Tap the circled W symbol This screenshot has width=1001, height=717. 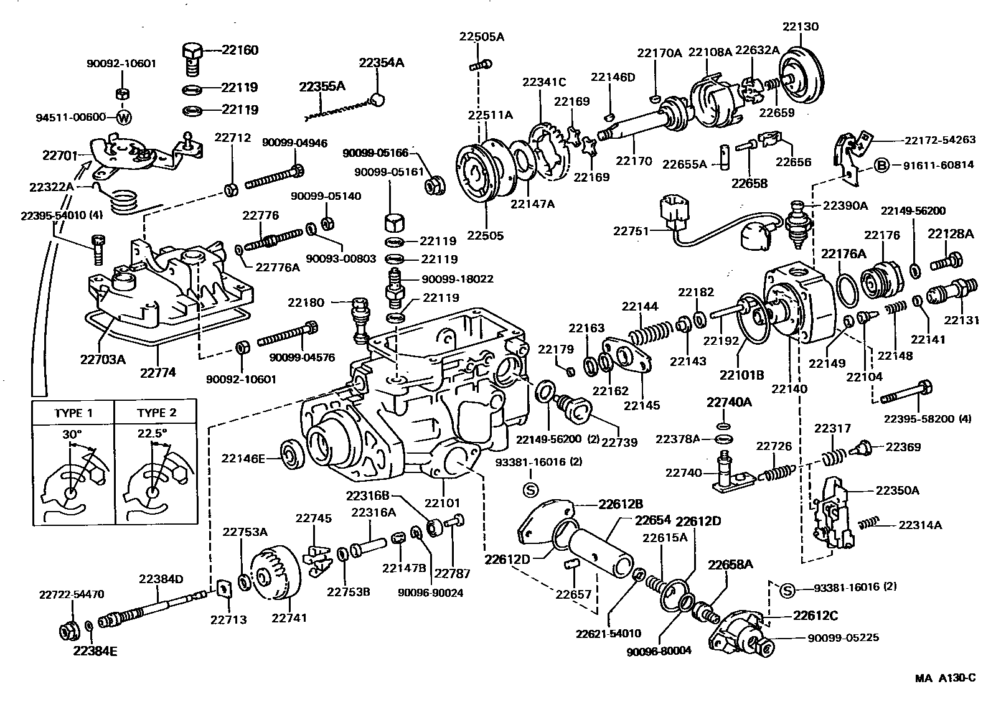(124, 117)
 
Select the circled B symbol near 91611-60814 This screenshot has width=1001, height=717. (881, 165)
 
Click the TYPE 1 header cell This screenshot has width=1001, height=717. (73, 413)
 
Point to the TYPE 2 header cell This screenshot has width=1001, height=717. (156, 413)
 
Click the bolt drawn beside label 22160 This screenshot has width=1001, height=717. (192, 56)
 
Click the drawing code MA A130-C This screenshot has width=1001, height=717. (944, 678)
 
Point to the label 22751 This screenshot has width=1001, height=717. (632, 231)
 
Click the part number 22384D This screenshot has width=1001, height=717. (161, 579)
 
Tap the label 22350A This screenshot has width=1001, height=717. (897, 490)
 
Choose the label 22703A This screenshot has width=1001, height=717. (103, 358)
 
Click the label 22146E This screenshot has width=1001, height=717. (243, 459)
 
